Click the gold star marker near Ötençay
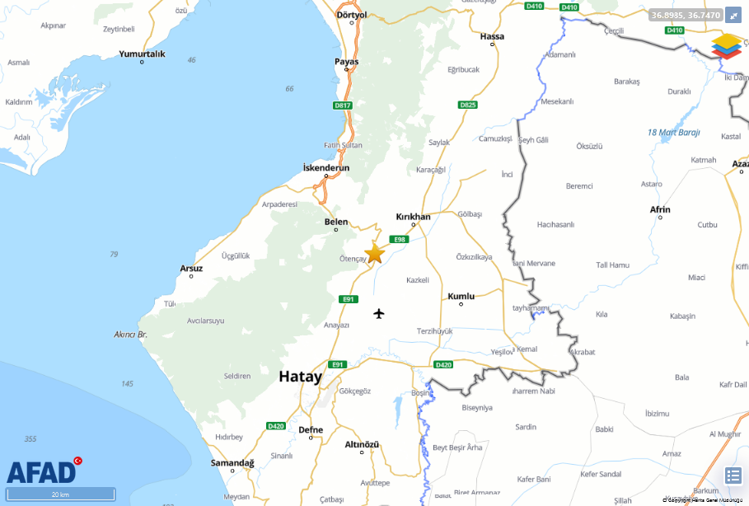click(374, 253)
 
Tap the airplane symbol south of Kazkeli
click(379, 313)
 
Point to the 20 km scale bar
click(60, 494)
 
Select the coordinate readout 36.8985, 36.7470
click(686, 15)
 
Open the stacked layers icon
click(727, 45)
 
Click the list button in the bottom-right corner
click(733, 476)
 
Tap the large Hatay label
click(300, 377)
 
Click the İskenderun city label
click(326, 167)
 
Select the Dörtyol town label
click(351, 15)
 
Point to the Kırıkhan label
click(413, 217)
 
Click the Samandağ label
click(232, 463)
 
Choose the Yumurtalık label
click(143, 54)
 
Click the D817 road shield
click(343, 105)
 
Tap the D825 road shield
click(468, 105)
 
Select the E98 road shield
click(400, 239)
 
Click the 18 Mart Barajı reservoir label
click(673, 132)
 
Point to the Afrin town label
click(660, 209)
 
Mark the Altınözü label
click(361, 444)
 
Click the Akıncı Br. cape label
click(130, 335)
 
